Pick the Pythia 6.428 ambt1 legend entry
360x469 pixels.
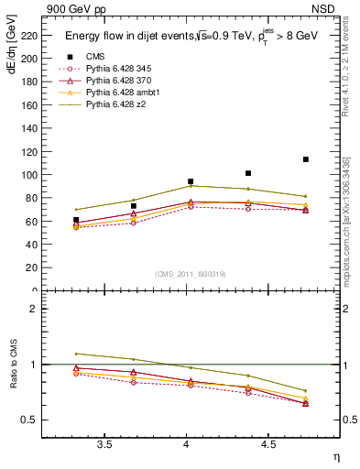tap(127, 93)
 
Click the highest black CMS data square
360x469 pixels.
tap(306, 159)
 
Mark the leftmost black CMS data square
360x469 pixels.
tap(76, 220)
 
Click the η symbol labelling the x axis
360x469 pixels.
tap(335, 457)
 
